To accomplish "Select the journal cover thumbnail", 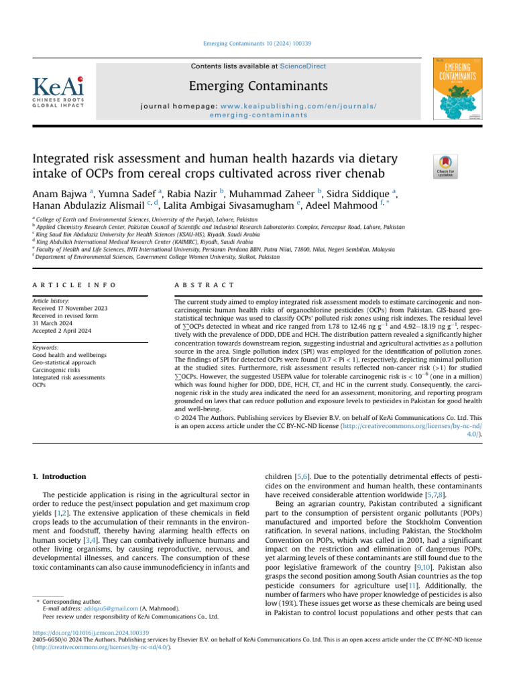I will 458,89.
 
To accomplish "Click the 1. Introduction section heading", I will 60,476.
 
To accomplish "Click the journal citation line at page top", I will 257,44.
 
